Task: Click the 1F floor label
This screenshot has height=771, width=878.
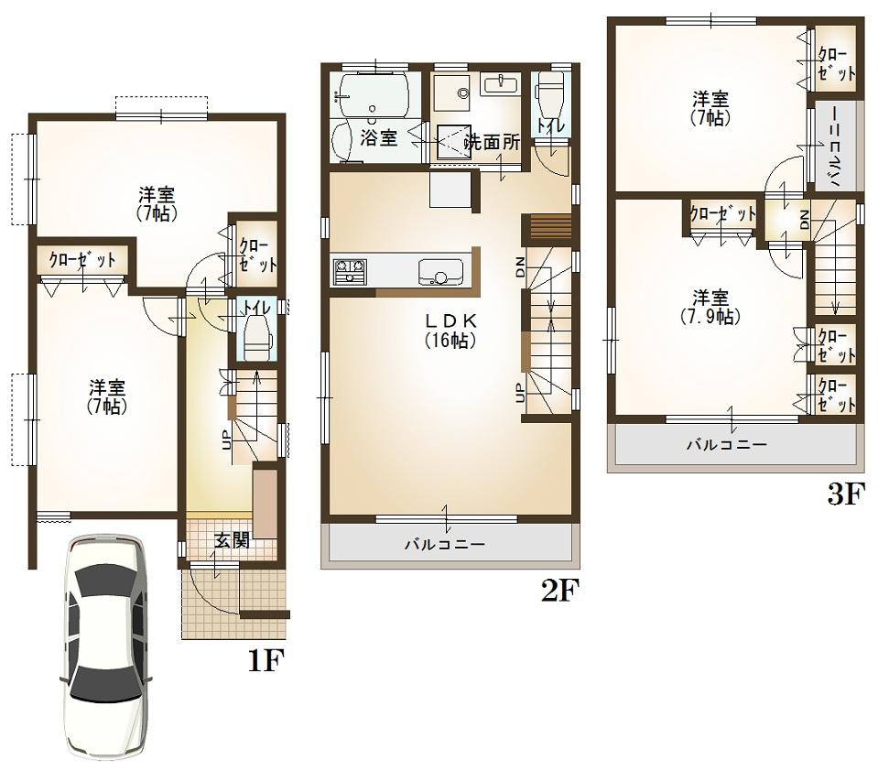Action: [267, 659]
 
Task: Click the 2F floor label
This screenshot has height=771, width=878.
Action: [560, 591]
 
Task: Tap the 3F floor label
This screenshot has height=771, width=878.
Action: [845, 495]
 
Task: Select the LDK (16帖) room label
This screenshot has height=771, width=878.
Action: [448, 331]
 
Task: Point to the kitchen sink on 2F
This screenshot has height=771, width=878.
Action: [440, 273]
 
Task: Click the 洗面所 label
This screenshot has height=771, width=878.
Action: [493, 142]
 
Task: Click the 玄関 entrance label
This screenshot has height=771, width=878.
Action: [232, 540]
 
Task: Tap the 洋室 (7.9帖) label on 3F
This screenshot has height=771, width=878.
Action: [710, 307]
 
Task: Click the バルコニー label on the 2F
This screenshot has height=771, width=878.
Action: [445, 545]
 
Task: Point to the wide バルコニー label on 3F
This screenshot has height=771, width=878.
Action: [728, 445]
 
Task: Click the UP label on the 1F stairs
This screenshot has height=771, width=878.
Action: [225, 440]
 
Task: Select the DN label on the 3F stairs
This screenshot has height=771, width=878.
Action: [804, 219]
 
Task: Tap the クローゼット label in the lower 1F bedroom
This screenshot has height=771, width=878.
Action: [82, 260]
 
